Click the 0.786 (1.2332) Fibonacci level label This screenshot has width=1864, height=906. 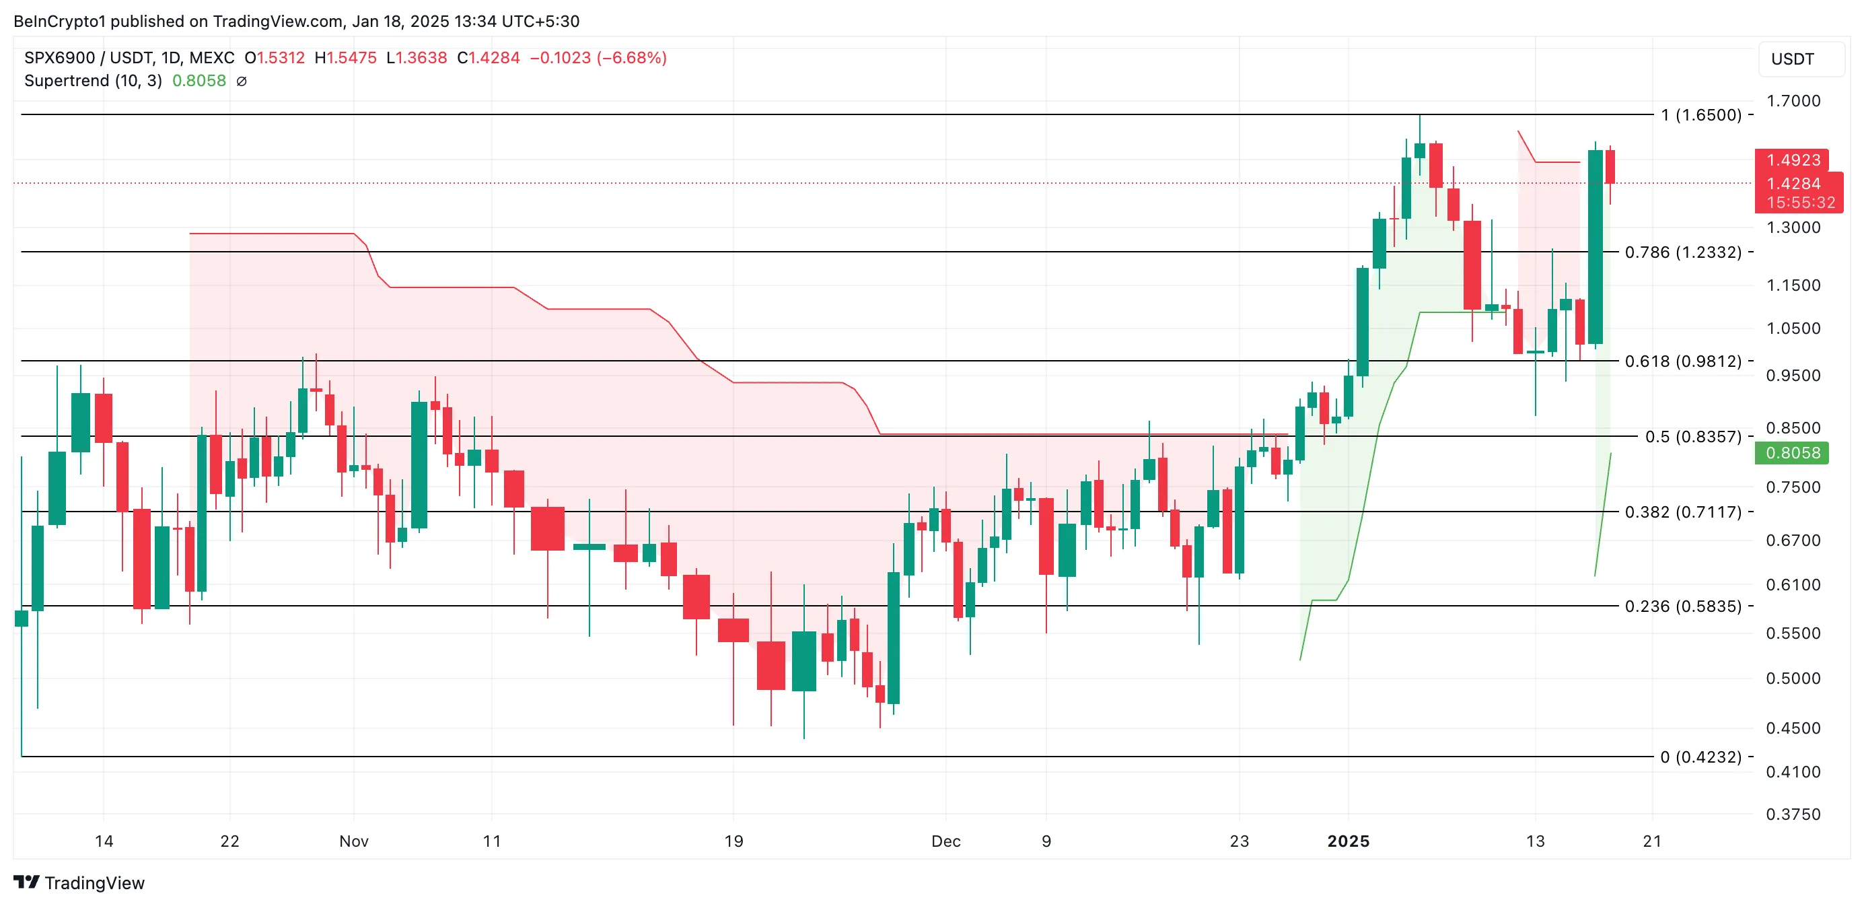[x=1682, y=252]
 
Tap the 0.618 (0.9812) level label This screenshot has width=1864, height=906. [x=1682, y=361]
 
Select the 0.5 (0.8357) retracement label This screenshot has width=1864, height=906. [x=1692, y=436]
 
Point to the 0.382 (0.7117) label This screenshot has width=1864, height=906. [x=1682, y=512]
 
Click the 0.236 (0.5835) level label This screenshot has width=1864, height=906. [x=1682, y=606]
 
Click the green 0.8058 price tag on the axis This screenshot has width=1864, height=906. [x=1793, y=453]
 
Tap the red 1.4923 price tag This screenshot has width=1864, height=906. [x=1793, y=160]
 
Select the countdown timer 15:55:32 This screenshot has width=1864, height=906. [x=1800, y=203]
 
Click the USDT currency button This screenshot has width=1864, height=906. [x=1793, y=59]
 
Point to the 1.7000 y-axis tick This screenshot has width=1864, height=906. [x=1793, y=100]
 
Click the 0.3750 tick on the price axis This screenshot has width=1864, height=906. [x=1793, y=814]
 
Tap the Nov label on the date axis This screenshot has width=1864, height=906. [x=354, y=841]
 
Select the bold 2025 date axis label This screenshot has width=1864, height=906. [x=1348, y=841]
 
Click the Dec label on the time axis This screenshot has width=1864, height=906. [x=945, y=841]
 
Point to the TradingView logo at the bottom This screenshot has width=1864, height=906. [x=79, y=883]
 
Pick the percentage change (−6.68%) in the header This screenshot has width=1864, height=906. [x=632, y=58]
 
